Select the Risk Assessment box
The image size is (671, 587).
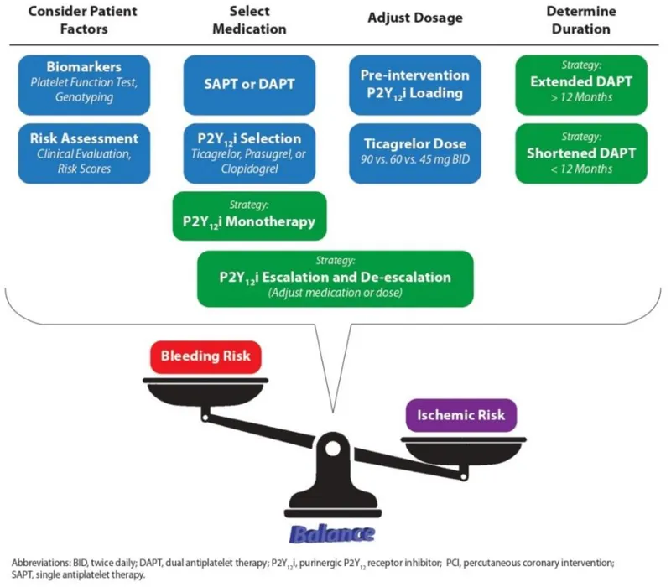pyautogui.click(x=83, y=153)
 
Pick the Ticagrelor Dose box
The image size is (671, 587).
pyautogui.click(x=414, y=153)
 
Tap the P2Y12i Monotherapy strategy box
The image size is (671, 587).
pyautogui.click(x=248, y=215)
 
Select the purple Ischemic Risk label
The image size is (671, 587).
pyautogui.click(x=460, y=414)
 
